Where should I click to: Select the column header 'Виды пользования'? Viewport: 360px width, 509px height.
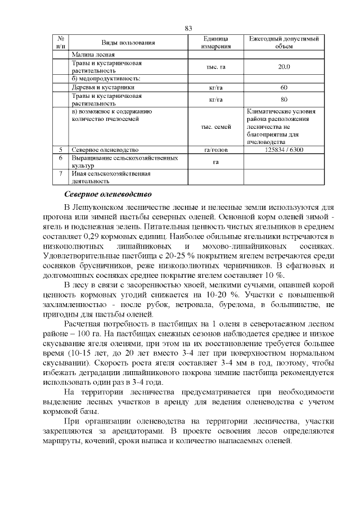(128, 43)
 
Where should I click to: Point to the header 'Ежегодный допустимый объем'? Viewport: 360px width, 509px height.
(284, 43)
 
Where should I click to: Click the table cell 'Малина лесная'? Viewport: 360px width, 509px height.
(93, 55)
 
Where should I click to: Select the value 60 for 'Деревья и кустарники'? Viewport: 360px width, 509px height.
(284, 88)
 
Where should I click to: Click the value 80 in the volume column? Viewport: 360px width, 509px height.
(284, 100)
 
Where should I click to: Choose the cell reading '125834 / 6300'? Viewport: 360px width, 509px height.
(284, 150)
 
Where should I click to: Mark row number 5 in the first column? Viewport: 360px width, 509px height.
(60, 150)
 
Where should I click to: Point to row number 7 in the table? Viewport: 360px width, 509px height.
(60, 174)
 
